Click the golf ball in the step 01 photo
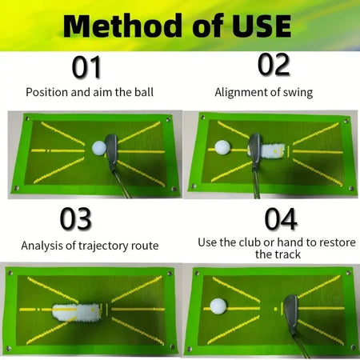[x=98, y=148]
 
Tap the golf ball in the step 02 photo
[x=222, y=148]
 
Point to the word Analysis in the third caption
[x=42, y=246]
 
